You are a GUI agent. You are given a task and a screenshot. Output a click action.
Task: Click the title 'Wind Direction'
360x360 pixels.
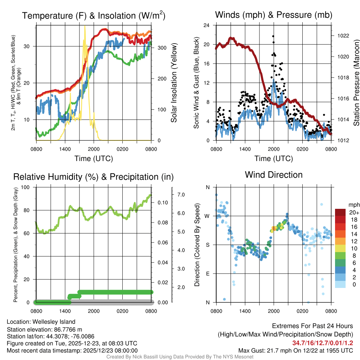274,175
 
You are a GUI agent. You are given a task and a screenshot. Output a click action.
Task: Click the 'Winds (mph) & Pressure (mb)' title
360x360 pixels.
274,15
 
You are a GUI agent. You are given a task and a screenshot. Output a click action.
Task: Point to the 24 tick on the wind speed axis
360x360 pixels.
206,25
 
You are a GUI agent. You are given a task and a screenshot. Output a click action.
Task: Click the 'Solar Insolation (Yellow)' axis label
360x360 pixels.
174,83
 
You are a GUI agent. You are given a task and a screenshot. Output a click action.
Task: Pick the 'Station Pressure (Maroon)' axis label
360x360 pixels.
356,83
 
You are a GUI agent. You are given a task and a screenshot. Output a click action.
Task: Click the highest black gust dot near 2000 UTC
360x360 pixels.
273,36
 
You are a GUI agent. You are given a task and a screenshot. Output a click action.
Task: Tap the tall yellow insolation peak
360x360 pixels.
85,26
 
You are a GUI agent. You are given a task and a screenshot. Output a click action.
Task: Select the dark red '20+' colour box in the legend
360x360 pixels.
341,212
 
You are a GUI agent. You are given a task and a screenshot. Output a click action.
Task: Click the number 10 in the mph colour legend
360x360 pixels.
354,248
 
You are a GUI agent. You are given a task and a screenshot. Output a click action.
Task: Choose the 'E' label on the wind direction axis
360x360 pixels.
208,274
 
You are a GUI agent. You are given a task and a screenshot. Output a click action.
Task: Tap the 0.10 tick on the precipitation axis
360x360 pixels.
162,202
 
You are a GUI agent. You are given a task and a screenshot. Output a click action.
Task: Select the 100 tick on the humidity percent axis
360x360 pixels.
25,187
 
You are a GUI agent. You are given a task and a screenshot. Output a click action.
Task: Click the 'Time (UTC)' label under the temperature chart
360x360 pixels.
94,159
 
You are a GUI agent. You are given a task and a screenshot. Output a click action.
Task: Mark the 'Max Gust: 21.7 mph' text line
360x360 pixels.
295,350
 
